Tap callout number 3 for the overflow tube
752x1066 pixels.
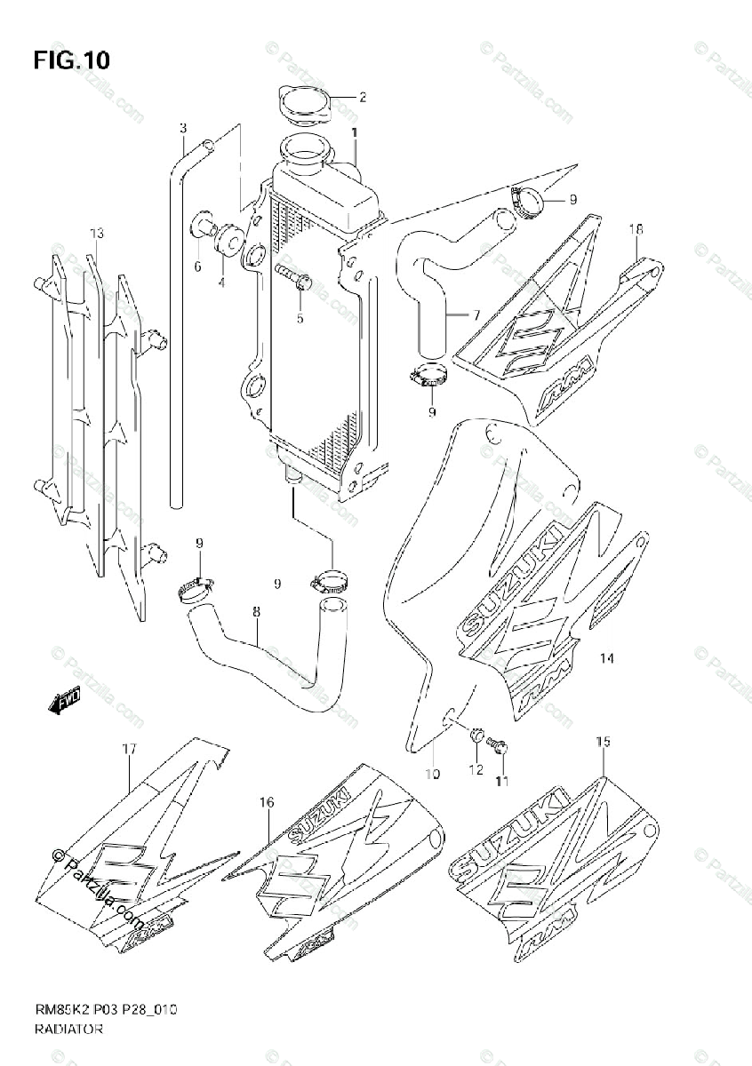tap(182, 128)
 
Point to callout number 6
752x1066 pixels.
tap(198, 266)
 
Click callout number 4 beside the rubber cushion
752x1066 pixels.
tap(221, 282)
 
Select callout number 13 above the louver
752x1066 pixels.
tap(97, 234)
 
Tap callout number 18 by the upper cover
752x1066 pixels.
tap(636, 229)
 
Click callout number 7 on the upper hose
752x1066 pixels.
tap(476, 314)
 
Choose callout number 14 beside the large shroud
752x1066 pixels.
tap(606, 658)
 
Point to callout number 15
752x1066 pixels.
tap(603, 741)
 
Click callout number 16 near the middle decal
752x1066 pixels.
tap(266, 802)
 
